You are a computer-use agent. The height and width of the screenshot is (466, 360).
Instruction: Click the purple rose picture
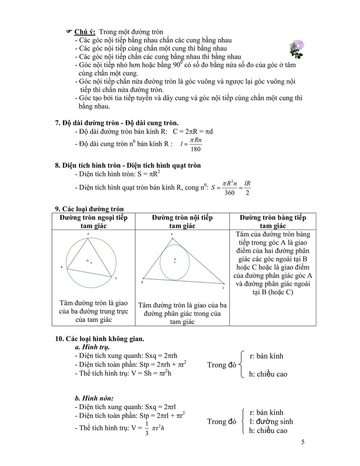click(x=296, y=49)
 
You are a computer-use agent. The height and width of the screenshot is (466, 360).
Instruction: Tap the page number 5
click(x=303, y=442)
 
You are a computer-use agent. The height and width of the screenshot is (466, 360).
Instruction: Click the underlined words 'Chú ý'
click(x=85, y=32)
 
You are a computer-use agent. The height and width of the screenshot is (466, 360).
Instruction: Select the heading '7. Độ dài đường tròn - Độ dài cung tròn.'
click(x=117, y=123)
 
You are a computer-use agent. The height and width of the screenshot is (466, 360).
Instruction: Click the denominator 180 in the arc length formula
click(x=195, y=149)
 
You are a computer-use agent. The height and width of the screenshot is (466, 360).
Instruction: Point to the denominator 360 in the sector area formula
click(x=229, y=193)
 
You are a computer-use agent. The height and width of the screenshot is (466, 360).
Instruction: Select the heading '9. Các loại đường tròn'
click(x=89, y=209)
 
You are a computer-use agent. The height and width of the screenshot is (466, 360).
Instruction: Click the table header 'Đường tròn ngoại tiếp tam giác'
click(x=93, y=222)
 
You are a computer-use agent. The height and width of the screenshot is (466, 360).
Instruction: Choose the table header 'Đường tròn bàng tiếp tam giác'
click(x=273, y=222)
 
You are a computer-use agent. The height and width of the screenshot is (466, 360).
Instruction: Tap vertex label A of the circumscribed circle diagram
click(x=88, y=234)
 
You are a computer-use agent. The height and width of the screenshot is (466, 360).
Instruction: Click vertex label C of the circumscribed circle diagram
click(x=116, y=278)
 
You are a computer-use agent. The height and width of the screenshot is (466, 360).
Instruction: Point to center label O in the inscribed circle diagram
click(x=175, y=259)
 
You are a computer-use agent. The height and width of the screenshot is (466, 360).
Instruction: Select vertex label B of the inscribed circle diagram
click(x=142, y=282)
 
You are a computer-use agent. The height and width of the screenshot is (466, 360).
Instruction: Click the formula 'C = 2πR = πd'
click(x=192, y=132)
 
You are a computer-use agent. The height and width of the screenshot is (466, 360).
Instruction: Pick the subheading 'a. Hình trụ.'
click(x=92, y=347)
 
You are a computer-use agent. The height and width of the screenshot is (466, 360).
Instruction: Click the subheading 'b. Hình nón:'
click(x=94, y=398)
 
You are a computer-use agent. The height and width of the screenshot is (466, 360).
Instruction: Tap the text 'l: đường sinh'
click(x=271, y=422)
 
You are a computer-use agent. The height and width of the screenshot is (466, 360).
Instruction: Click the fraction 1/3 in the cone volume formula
click(x=146, y=428)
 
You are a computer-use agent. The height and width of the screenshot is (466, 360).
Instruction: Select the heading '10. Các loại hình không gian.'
click(x=100, y=339)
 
